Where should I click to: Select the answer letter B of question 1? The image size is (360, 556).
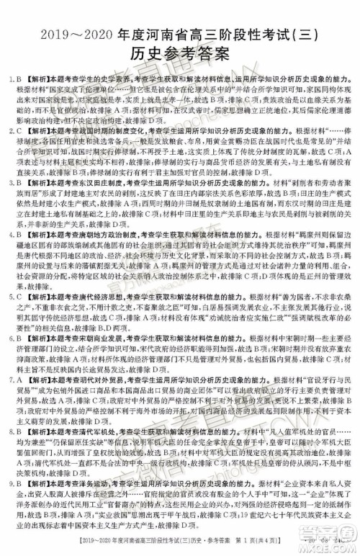coord(17,77)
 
